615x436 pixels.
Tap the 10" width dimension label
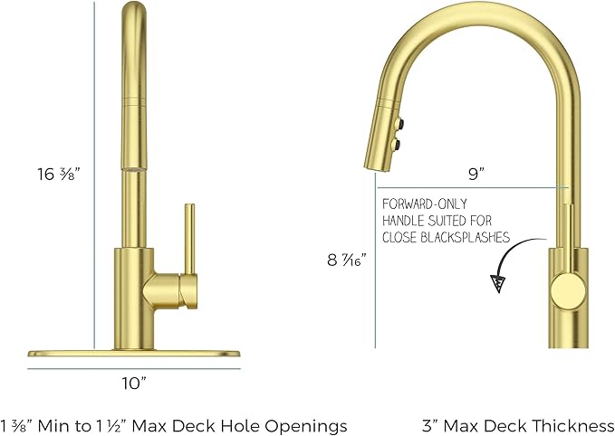pyautogui.click(x=133, y=383)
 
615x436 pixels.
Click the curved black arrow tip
pyautogui.click(x=497, y=284)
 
